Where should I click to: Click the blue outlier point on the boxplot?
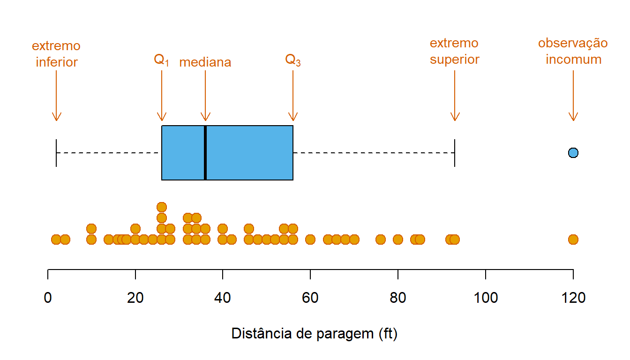[573, 152]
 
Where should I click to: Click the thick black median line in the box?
[205, 153]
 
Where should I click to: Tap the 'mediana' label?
[205, 62]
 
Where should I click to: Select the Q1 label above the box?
[161, 60]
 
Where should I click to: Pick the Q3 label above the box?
[293, 60]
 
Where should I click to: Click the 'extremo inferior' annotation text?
[56, 54]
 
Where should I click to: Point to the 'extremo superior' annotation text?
[455, 52]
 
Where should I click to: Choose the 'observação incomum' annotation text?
[573, 52]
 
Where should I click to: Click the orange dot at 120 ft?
[573, 240]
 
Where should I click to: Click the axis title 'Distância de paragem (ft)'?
[315, 334]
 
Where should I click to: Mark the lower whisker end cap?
[56, 153]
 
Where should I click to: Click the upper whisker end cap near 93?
[455, 153]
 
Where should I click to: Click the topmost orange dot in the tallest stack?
[162, 207]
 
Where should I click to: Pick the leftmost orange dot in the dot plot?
[56, 240]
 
